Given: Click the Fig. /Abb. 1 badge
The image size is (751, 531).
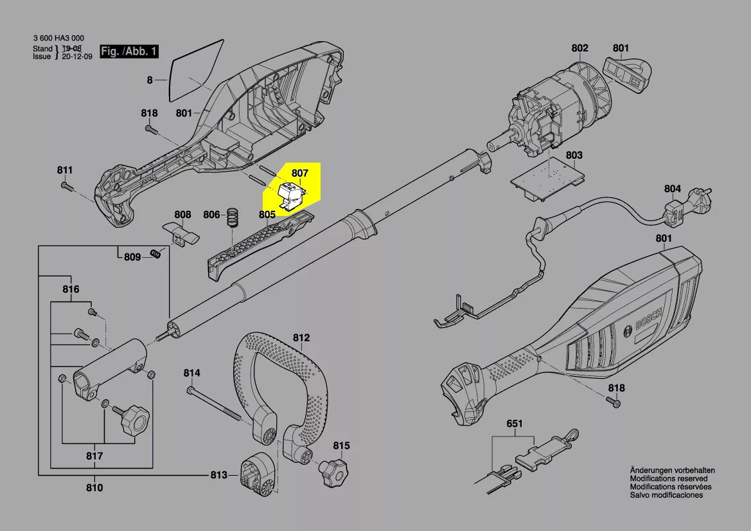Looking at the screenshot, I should point(128,51).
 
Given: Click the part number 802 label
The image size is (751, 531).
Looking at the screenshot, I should point(579,48).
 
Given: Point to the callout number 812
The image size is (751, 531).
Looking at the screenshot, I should point(301,337).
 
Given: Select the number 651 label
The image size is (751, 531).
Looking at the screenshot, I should point(515,424).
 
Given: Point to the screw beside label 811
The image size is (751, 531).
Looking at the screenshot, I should point(66,186).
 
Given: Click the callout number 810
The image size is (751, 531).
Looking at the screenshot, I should point(94,488).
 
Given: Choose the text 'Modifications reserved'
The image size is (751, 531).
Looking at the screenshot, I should point(669,479).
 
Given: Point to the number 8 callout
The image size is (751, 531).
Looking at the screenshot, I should point(150,80).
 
